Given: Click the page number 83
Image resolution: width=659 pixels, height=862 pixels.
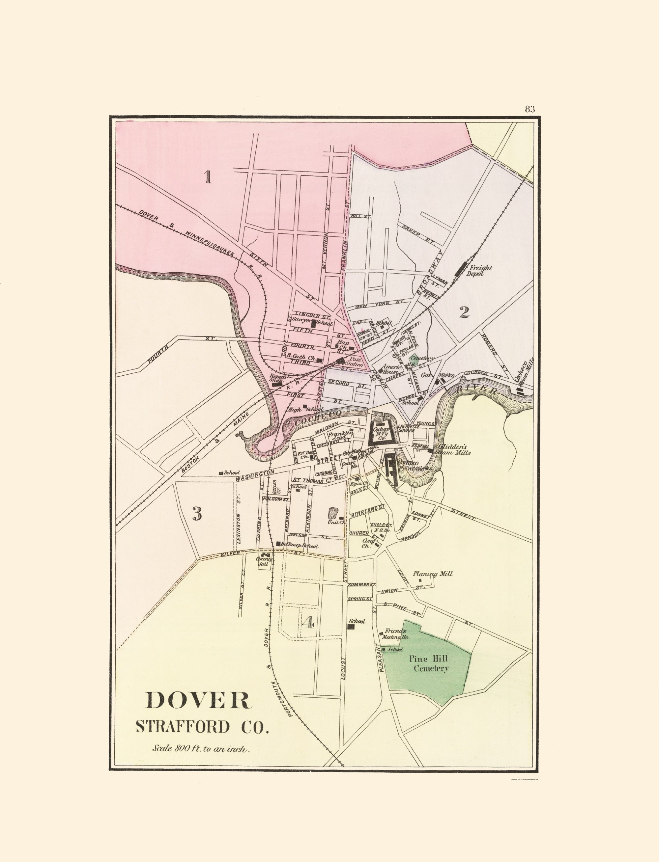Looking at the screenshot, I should click(x=530, y=109).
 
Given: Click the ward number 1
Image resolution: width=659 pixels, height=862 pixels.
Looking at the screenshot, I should click(x=208, y=177).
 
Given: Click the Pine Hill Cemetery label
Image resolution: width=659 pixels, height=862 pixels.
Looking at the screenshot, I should click(x=431, y=663).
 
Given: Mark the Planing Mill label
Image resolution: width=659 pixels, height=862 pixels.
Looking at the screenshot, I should click(x=432, y=574).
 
